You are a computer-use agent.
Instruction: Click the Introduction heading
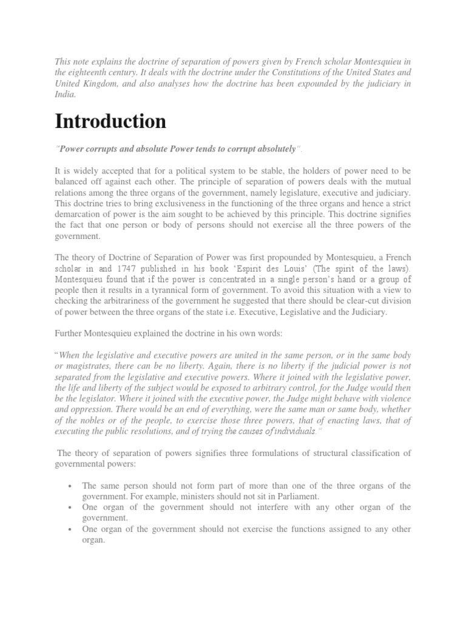click(110, 121)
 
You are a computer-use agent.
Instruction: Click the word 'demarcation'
click(79, 215)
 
